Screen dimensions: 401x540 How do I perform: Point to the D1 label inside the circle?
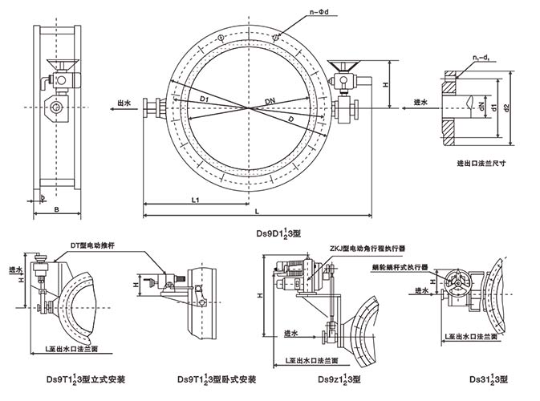point(205,99)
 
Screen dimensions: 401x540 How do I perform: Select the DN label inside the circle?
point(269,99)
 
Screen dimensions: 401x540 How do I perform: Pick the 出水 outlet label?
point(124,103)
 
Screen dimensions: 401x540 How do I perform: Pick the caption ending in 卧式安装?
point(216,377)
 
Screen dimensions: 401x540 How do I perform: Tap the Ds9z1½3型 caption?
point(339,377)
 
